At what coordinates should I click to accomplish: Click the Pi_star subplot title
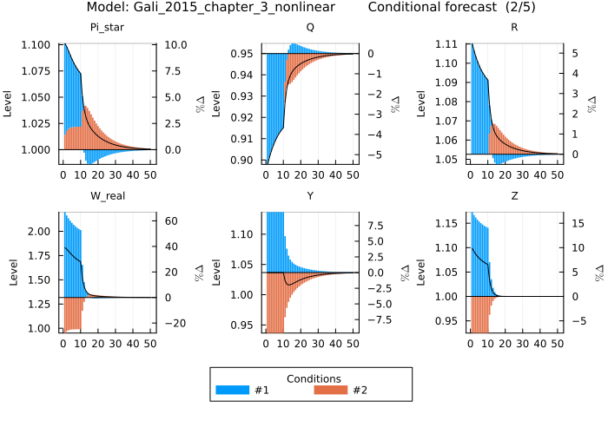click(108, 27)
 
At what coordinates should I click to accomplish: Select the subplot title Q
click(310, 27)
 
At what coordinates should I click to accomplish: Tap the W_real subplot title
click(108, 195)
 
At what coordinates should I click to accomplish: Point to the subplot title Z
click(514, 195)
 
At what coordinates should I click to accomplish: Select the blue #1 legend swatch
click(232, 390)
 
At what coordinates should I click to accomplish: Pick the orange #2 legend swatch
click(330, 390)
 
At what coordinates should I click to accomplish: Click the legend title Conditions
click(313, 378)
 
